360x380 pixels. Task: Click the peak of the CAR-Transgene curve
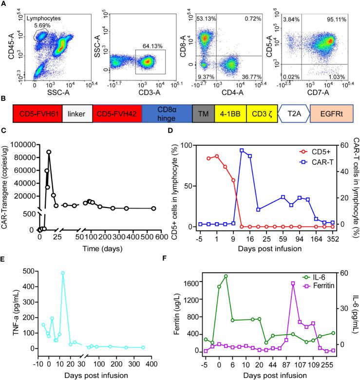[x=49, y=152]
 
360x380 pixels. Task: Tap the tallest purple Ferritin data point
[x=293, y=283]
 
